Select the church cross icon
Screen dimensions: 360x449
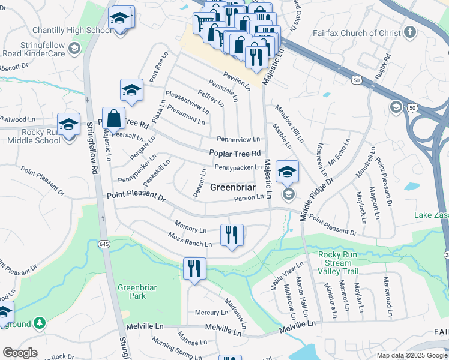tap(410, 32)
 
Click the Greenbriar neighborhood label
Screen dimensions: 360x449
tap(235, 187)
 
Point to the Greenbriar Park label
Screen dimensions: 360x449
tap(137, 292)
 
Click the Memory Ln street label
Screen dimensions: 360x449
tap(190, 228)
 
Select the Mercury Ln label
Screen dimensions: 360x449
tap(211, 313)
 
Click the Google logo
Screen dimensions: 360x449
tap(20, 353)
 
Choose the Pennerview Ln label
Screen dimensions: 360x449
tap(238, 139)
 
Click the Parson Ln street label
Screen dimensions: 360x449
tap(249, 198)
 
